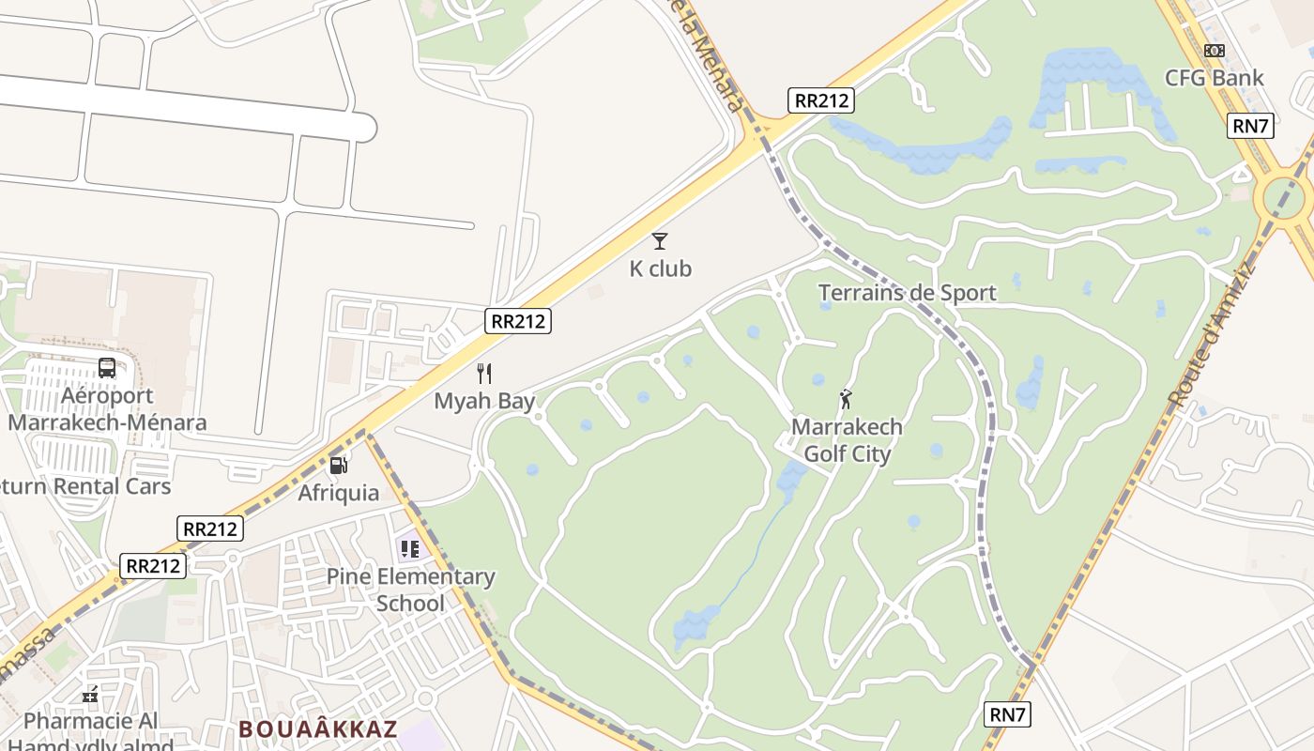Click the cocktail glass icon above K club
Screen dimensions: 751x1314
(x=660, y=241)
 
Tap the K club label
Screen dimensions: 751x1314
(x=660, y=269)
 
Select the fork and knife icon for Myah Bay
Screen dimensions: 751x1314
(x=484, y=374)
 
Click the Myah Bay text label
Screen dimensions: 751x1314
(x=484, y=402)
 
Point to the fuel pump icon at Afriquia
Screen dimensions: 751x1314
(x=338, y=465)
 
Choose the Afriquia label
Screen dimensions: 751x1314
(x=339, y=493)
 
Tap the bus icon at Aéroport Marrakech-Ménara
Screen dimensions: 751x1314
(x=107, y=368)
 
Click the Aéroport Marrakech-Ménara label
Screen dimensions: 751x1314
(x=107, y=409)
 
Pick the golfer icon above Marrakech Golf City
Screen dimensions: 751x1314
(x=847, y=399)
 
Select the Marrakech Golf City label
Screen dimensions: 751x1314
(x=847, y=440)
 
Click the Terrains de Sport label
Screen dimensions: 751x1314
(x=907, y=293)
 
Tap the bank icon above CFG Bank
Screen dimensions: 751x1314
(x=1215, y=51)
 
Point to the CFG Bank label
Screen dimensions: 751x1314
(x=1215, y=78)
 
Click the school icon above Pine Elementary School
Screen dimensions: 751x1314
(x=409, y=548)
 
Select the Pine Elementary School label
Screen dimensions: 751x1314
(x=410, y=590)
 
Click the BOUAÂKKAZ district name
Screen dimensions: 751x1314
(x=318, y=728)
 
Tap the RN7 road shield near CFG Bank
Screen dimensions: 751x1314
(x=1250, y=126)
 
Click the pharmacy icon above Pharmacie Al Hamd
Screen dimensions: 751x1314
(x=91, y=695)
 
